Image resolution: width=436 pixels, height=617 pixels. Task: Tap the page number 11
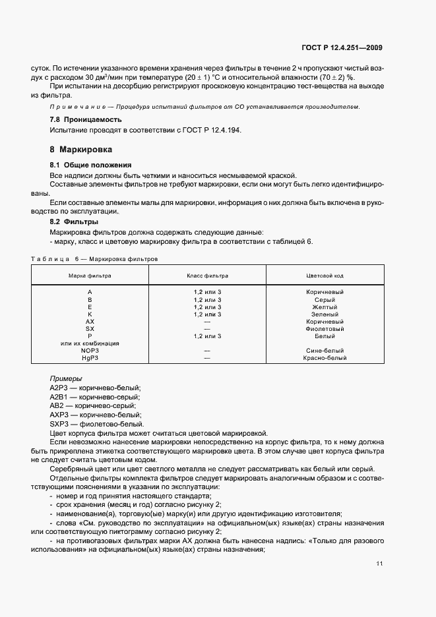click(379, 564)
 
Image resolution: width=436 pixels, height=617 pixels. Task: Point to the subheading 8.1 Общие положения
click(91, 164)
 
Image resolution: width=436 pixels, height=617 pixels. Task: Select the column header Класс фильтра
click(207, 275)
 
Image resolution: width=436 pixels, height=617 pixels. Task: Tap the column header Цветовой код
click(325, 275)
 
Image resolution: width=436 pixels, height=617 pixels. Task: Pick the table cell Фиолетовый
click(325, 328)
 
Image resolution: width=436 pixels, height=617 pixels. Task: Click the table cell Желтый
click(325, 307)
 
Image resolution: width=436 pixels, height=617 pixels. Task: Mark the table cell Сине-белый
click(325, 351)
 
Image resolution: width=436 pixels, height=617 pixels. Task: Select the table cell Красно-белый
click(325, 358)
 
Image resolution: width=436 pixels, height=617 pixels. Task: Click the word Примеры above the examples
click(66, 379)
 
